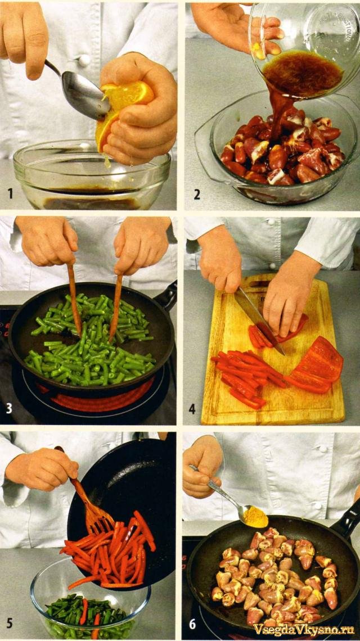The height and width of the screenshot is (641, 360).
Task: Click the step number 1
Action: tap(10, 193)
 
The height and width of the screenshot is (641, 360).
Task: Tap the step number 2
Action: tap(197, 194)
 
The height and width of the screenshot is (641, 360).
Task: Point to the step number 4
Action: tap(192, 408)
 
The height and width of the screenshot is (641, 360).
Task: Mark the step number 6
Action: tap(192, 624)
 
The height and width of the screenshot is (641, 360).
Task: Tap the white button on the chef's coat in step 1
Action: tap(84, 60)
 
